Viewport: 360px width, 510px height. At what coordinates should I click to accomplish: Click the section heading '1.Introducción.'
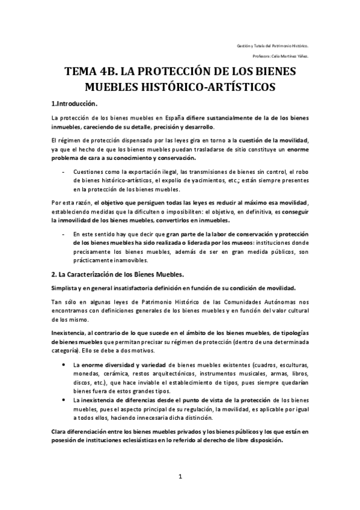75,103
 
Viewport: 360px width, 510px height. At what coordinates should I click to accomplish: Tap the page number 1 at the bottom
180,477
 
